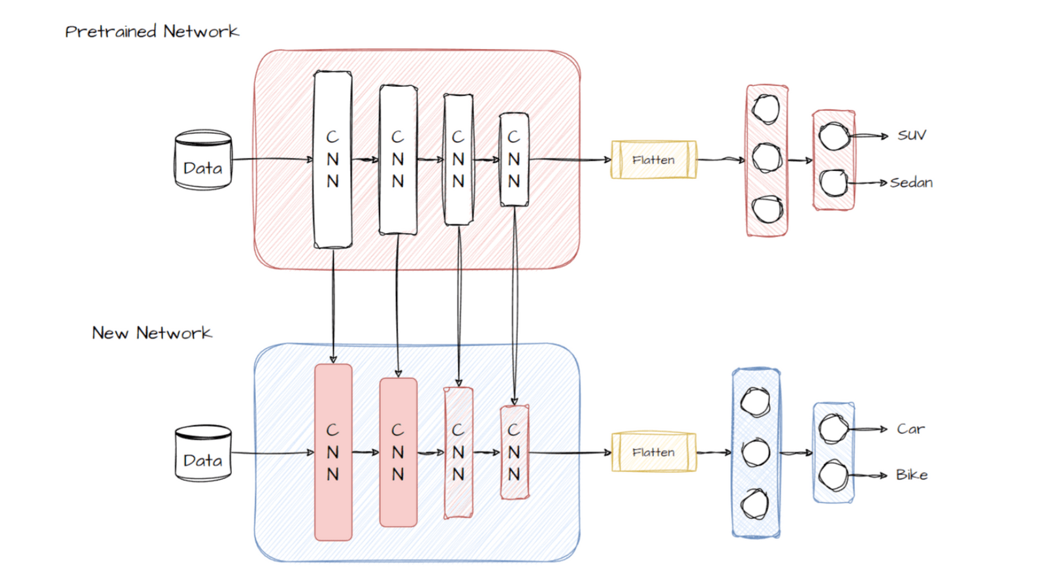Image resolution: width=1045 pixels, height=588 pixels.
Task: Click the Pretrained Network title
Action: coord(152,31)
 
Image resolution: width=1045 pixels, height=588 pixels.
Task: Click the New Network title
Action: coord(152,333)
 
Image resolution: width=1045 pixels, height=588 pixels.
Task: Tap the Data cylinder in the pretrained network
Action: coord(203,161)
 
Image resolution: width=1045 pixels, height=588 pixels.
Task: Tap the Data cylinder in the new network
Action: coord(203,454)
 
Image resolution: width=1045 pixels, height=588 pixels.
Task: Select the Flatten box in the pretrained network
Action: coord(653,160)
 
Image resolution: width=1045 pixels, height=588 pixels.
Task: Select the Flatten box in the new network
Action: coord(653,452)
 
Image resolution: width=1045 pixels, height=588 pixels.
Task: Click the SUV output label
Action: coord(911,135)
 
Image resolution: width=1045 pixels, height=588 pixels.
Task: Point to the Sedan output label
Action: coord(912,183)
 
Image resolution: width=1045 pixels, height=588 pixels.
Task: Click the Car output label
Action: coord(910,429)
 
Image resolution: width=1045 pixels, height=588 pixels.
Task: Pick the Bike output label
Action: coord(912,475)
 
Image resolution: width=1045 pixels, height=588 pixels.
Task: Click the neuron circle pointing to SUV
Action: coord(834,136)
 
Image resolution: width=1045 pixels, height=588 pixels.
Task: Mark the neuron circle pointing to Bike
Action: coord(833,475)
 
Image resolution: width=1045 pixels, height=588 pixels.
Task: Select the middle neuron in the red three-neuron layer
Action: coord(766,157)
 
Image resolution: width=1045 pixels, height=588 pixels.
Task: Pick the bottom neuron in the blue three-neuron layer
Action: coord(755,504)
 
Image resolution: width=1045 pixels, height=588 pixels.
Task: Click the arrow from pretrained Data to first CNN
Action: coord(273,159)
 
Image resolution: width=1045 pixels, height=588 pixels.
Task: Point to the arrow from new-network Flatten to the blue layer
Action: coord(714,452)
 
